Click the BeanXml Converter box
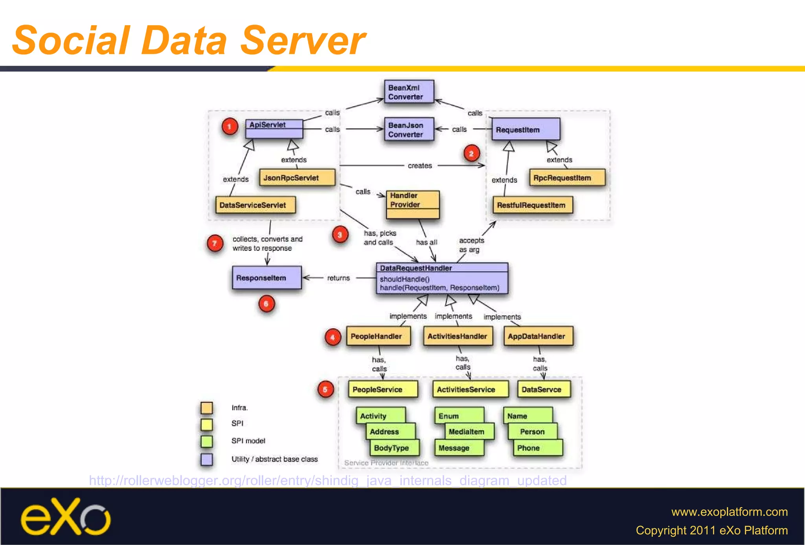click(409, 92)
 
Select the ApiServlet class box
click(274, 129)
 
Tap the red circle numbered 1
click(230, 126)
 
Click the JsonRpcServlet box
click(297, 178)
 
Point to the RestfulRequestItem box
click(533, 205)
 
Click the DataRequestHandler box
click(442, 278)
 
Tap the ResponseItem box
click(266, 278)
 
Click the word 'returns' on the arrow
click(338, 278)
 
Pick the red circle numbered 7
click(215, 243)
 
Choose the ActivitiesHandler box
click(458, 336)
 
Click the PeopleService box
click(382, 389)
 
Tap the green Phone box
click(537, 448)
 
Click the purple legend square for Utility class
click(207, 459)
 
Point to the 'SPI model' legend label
click(248, 441)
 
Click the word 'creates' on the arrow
click(419, 166)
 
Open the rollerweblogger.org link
click(327, 481)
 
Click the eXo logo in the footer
click(65, 517)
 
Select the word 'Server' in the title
click(303, 41)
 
